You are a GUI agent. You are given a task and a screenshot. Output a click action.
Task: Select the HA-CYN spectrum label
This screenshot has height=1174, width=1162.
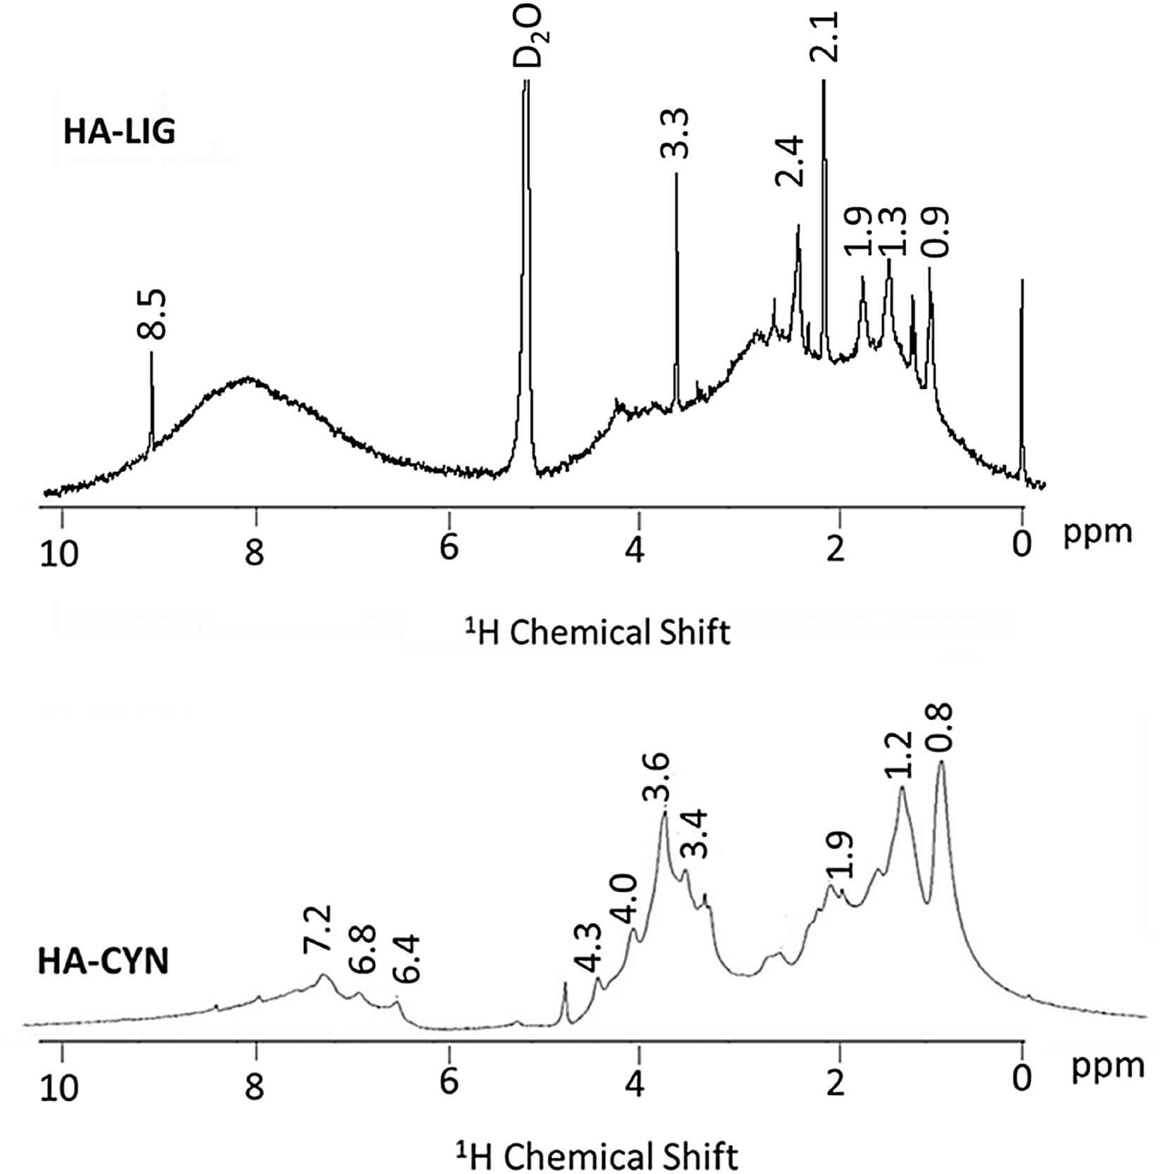(103, 962)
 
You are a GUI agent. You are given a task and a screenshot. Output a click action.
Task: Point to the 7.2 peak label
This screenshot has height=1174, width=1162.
(317, 930)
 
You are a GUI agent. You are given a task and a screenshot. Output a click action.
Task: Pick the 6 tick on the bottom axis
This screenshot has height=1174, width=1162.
(448, 1081)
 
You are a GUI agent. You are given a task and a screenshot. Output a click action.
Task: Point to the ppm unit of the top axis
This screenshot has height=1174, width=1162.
(1097, 532)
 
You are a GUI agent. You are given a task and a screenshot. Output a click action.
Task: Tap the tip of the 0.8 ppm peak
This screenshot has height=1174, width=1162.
(941, 763)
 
